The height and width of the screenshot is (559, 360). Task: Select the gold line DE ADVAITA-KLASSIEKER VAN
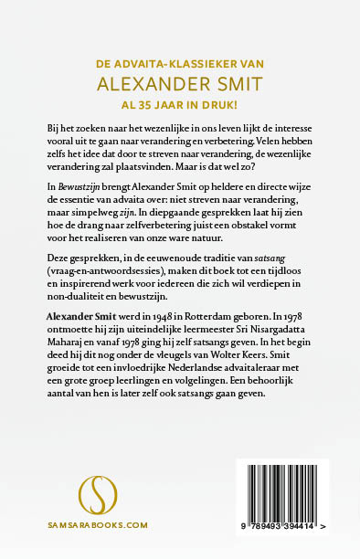pyautogui.click(x=180, y=64)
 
